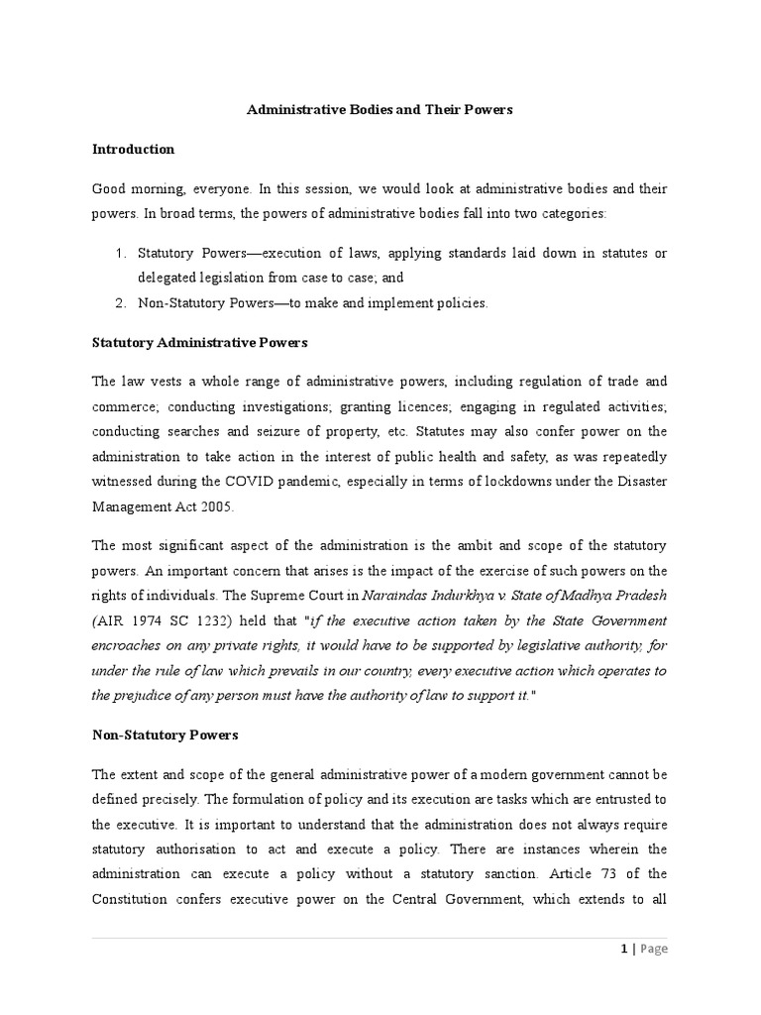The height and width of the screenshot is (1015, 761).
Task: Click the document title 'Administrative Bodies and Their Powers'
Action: [x=380, y=110]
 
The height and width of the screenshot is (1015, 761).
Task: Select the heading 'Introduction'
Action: [x=133, y=149]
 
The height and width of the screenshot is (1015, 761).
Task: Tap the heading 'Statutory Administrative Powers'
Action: [x=199, y=342]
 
